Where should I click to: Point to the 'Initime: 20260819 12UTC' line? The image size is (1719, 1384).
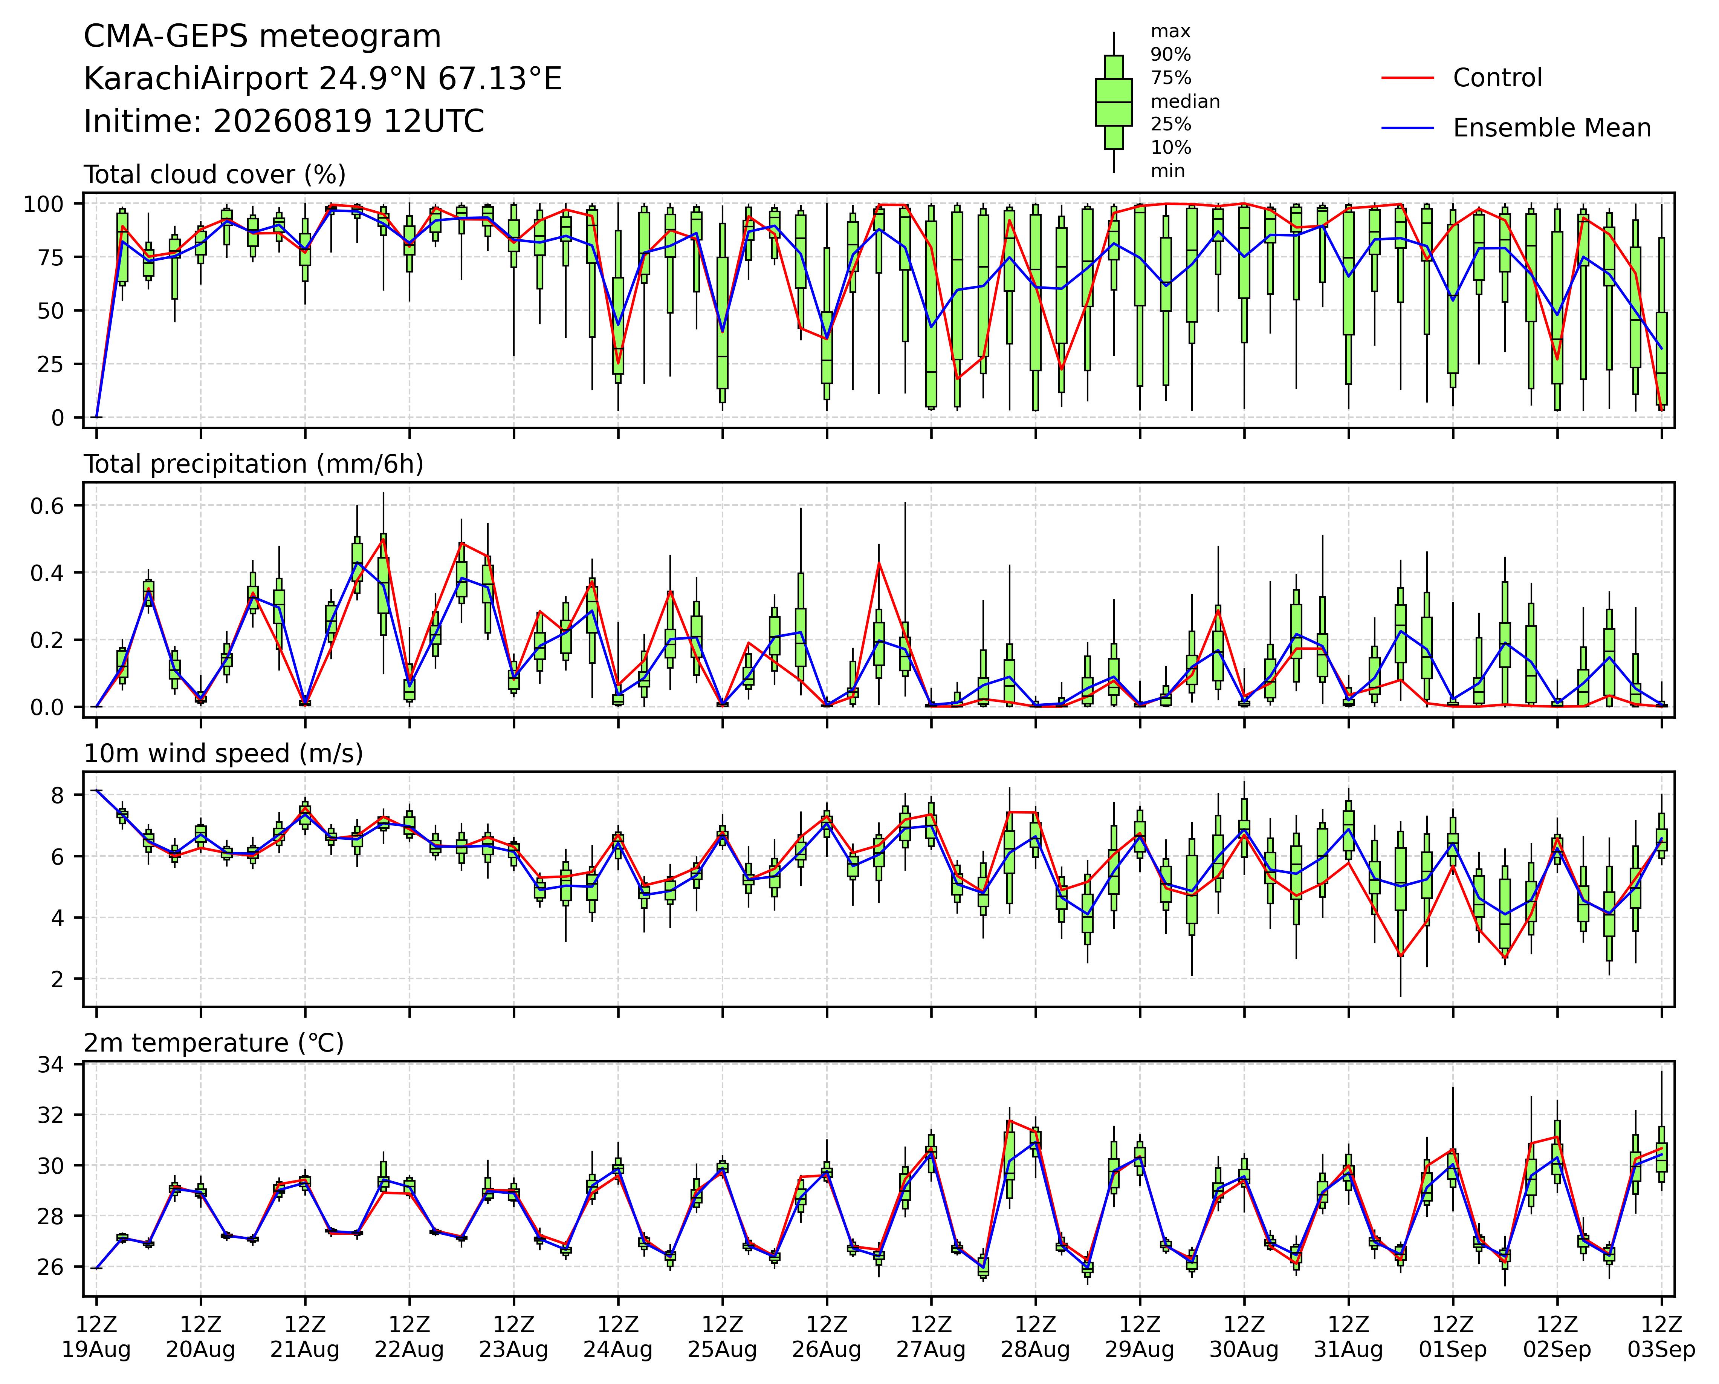(x=284, y=122)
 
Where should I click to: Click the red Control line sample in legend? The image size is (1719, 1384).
(x=1407, y=78)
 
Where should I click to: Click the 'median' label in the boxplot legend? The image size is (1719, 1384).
(x=1185, y=101)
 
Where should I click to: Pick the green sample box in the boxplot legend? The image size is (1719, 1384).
(x=1114, y=102)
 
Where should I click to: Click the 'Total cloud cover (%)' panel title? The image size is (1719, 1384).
(x=214, y=175)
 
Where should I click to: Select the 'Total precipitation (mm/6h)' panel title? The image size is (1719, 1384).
(x=254, y=464)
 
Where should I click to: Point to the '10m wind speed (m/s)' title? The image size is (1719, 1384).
(x=223, y=754)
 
